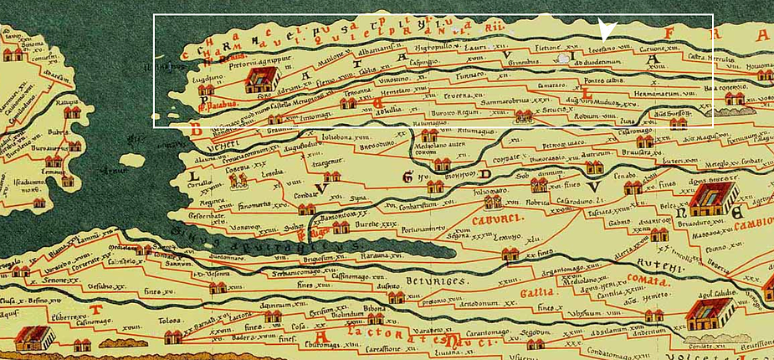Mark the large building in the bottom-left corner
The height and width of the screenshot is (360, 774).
34,337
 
